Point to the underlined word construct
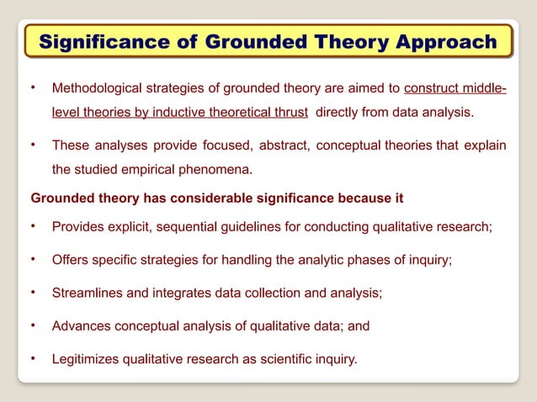coord(434,88)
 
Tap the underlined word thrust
coord(290,112)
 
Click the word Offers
coord(71,260)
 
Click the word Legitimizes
coord(86,359)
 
